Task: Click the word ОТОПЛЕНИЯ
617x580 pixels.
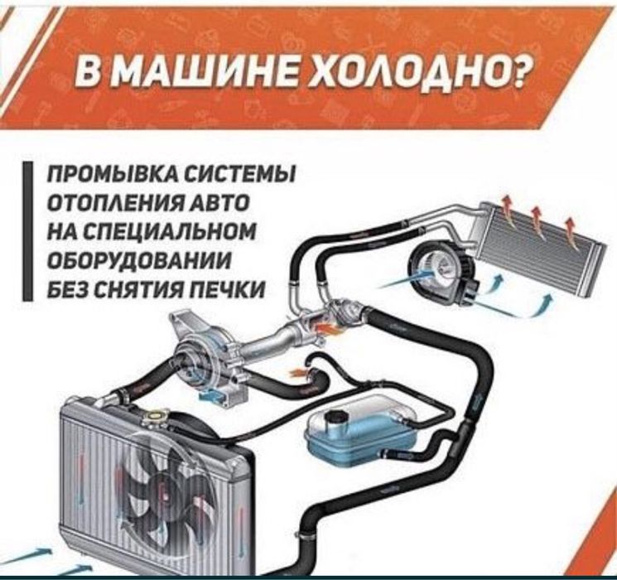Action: (107, 204)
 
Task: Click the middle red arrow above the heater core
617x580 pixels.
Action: (537, 217)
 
